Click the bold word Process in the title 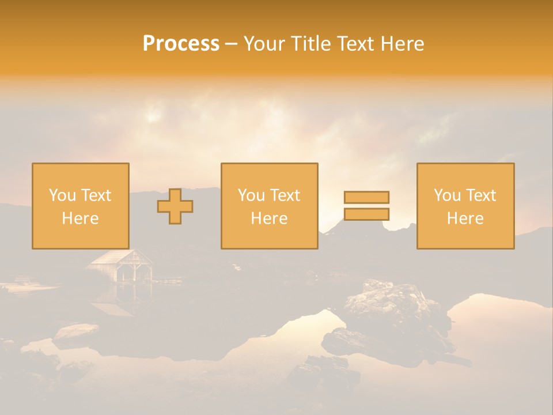[x=181, y=44]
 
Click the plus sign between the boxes [x=175, y=206]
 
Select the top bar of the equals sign [x=366, y=197]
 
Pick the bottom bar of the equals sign [x=366, y=214]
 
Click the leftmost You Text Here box [x=80, y=206]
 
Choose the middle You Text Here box [x=269, y=206]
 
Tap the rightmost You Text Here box [x=465, y=206]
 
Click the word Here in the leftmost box [x=80, y=218]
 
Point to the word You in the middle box [x=251, y=195]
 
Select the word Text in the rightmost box [x=480, y=195]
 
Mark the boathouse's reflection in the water [x=118, y=300]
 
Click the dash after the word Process [x=232, y=44]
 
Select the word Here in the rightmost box [x=465, y=218]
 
